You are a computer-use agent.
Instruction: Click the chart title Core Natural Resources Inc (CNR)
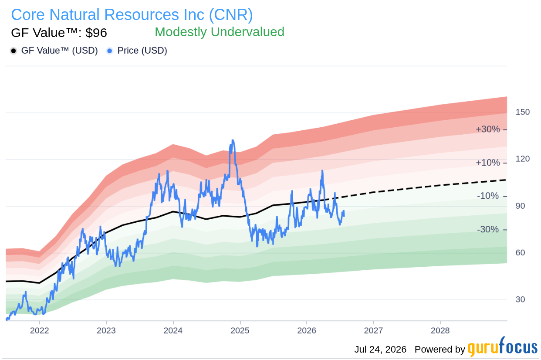pos(132,15)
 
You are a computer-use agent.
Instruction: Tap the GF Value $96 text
pos(59,33)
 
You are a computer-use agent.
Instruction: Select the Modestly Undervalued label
pos(220,32)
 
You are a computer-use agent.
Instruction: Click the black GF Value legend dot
pos(14,51)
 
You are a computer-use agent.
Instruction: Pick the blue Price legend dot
pos(110,51)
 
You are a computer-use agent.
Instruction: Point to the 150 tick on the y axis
pos(522,112)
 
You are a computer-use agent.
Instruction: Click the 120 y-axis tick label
pos(522,159)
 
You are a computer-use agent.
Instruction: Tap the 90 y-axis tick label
pos(520,206)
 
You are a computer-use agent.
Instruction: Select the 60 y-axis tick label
pos(520,252)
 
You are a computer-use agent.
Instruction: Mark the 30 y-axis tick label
pos(520,299)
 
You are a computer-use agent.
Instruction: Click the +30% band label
pos(488,129)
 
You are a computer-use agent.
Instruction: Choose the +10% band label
pos(488,163)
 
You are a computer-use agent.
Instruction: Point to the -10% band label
pos(488,196)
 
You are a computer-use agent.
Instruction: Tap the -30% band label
pos(488,229)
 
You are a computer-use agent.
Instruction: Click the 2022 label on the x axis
pos(39,330)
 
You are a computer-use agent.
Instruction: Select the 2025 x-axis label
pos(240,330)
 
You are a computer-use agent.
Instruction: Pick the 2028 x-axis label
pos(440,330)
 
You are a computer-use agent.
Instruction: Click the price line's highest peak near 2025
pos(233,140)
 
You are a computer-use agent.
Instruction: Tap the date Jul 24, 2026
pos(380,350)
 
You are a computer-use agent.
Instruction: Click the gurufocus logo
pos(502,347)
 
